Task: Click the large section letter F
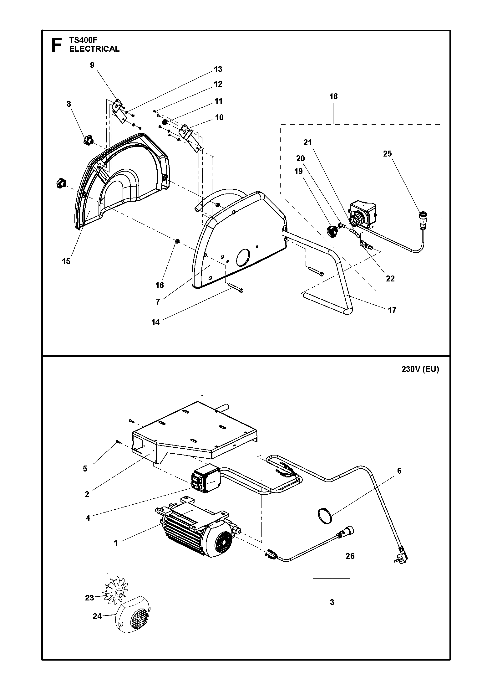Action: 56,45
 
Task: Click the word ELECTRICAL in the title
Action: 94,49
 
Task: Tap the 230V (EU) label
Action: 420,369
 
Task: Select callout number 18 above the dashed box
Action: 333,96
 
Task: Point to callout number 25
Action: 387,154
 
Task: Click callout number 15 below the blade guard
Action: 66,261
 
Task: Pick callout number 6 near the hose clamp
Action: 399,480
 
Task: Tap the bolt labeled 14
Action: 236,288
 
